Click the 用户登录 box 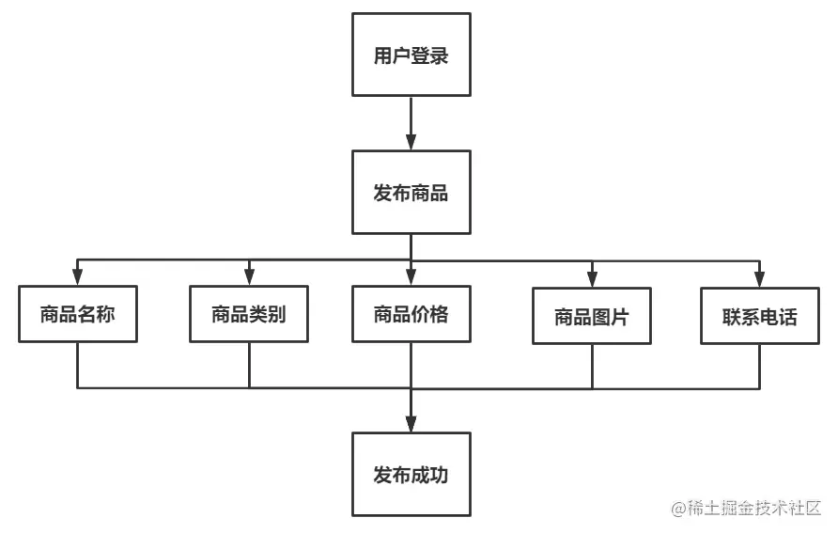tap(411, 55)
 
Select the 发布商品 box tap(411, 193)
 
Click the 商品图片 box tap(591, 316)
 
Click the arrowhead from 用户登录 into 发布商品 tap(411, 142)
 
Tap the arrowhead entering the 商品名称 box tap(78, 277)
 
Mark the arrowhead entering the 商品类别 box tap(249, 277)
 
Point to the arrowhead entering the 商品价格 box tap(411, 277)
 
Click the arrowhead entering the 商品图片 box tap(592, 279)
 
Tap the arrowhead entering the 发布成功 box tap(411, 424)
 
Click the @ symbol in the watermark tap(679, 508)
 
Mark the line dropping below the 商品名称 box tap(78, 365)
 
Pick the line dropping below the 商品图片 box tap(592, 367)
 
